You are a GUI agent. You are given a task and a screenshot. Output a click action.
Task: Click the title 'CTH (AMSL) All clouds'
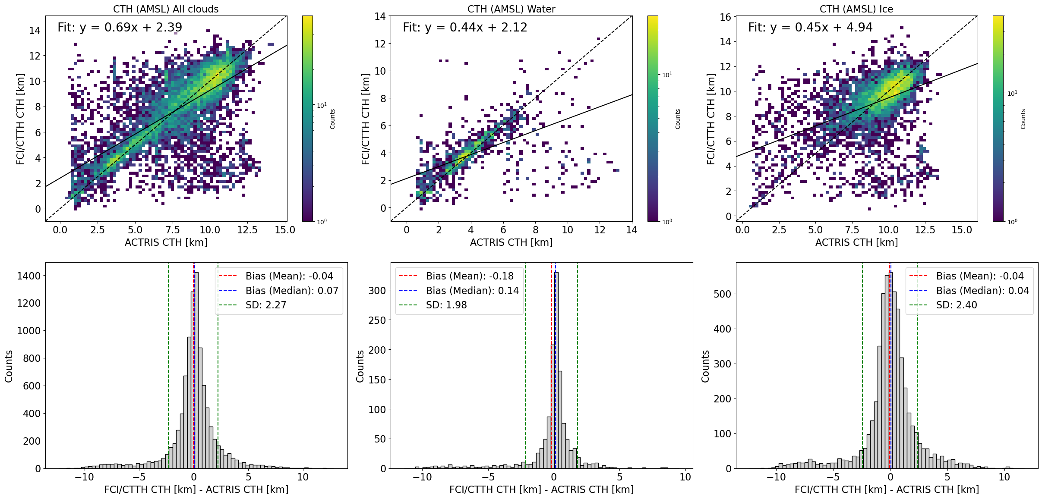tap(166, 9)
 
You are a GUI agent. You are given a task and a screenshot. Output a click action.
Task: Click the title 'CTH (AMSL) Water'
tap(511, 9)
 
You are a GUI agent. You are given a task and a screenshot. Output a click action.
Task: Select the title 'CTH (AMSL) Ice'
tap(856, 9)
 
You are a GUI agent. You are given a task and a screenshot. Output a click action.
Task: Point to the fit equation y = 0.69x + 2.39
tap(120, 28)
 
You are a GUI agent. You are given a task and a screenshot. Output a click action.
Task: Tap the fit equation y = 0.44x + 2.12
tap(465, 28)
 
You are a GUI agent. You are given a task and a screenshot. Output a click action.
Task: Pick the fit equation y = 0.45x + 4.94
tap(810, 28)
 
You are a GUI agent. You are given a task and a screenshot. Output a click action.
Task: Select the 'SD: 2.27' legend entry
tap(266, 305)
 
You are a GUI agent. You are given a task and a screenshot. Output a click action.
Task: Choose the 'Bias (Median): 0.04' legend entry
tap(982, 291)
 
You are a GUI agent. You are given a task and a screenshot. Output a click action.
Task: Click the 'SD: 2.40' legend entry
tap(957, 305)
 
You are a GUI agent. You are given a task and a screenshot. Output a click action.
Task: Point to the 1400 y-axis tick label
tap(28, 276)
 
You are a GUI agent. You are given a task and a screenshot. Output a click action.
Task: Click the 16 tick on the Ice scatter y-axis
tap(725, 17)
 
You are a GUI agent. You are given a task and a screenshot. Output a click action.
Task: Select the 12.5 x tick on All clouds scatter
tap(247, 230)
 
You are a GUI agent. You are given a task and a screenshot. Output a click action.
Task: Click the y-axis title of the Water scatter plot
tap(366, 119)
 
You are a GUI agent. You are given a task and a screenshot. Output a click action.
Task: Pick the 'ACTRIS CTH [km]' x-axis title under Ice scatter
tap(856, 242)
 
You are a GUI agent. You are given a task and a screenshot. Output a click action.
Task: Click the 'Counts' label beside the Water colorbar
tap(678, 119)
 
